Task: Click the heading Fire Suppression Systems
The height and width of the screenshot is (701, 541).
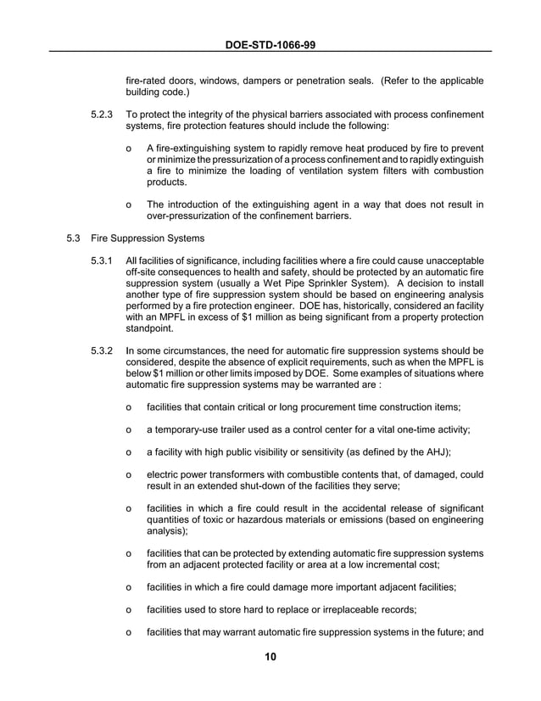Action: click(147, 238)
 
